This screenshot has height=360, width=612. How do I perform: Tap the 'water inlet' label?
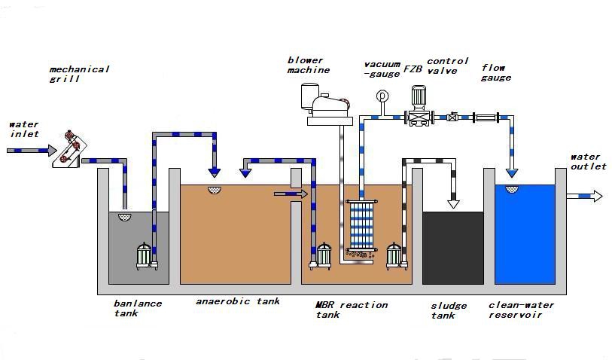click(x=23, y=129)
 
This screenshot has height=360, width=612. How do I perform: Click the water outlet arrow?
click(x=585, y=196)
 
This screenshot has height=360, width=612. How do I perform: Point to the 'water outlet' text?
click(x=588, y=162)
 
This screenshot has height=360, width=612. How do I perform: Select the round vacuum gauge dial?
click(x=382, y=96)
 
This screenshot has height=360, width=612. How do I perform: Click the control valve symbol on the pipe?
click(x=452, y=117)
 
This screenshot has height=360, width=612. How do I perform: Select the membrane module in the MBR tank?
click(x=362, y=227)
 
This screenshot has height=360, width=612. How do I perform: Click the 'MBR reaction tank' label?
click(x=351, y=310)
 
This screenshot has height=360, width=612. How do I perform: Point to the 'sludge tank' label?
click(x=449, y=310)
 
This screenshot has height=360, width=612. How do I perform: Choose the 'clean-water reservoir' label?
click(x=522, y=310)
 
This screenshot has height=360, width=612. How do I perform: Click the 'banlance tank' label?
click(x=137, y=308)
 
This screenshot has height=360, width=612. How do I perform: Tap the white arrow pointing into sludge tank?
click(x=453, y=201)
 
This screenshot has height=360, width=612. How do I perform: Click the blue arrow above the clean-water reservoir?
click(x=512, y=172)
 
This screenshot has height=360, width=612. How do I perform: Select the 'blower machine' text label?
click(x=308, y=65)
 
